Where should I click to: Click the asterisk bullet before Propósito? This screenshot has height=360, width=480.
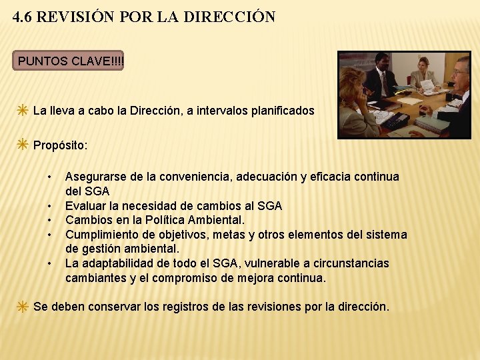[x=23, y=145]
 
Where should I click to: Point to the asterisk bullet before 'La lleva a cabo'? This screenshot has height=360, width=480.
[x=23, y=111]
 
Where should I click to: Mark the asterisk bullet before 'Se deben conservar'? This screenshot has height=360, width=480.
[x=23, y=307]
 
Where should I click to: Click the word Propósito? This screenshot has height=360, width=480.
[x=60, y=145]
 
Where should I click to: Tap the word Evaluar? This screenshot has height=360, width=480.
[x=86, y=205]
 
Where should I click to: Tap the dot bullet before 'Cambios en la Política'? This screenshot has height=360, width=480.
[x=50, y=220]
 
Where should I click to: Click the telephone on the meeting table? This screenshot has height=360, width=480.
[x=397, y=120]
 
